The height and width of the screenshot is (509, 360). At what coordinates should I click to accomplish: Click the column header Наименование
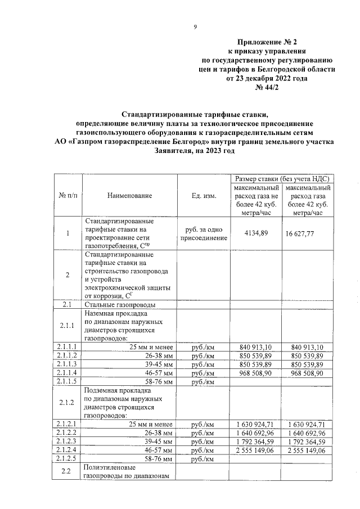[129, 195]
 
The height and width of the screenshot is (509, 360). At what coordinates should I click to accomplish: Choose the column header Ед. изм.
[202, 195]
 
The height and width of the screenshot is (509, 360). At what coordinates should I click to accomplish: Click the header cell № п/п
[68, 195]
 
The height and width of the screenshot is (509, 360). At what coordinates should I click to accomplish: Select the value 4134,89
[255, 233]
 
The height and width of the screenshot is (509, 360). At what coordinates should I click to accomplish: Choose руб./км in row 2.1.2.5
[202, 460]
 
